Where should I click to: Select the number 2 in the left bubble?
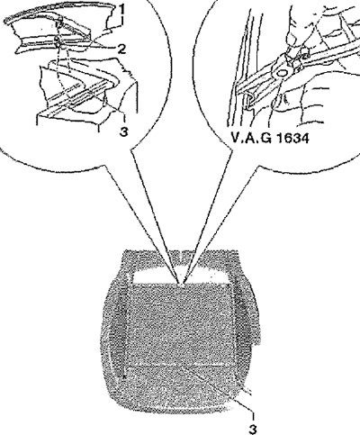click(x=121, y=49)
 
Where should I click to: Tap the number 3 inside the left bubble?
click(x=123, y=131)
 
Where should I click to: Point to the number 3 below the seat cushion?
click(x=253, y=429)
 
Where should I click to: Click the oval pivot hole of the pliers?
click(x=282, y=72)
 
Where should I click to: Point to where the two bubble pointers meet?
click(x=182, y=282)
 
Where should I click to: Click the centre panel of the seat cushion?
click(x=180, y=324)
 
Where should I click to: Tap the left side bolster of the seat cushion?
click(x=115, y=331)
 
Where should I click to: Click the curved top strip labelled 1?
click(x=60, y=15)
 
